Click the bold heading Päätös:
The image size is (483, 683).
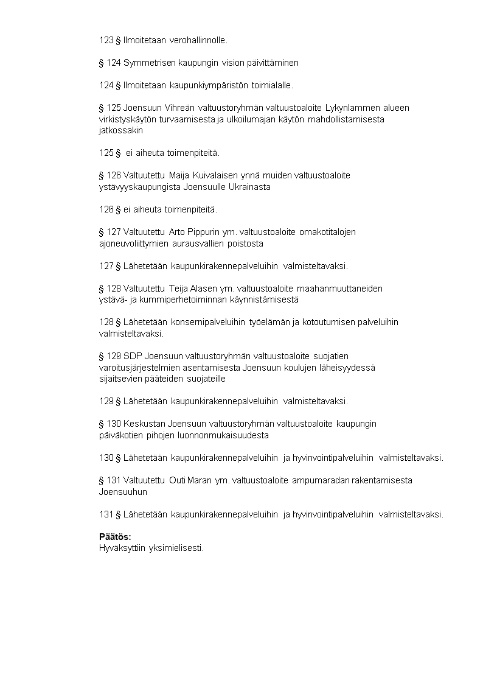click(x=115, y=536)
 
